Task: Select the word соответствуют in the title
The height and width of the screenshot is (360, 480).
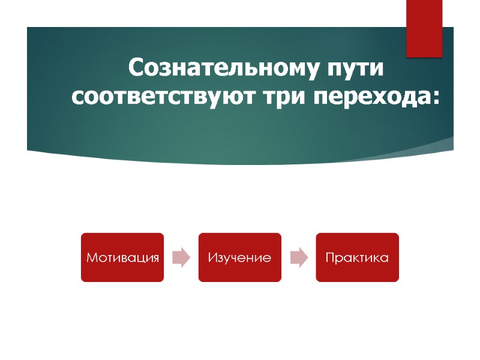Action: click(x=164, y=96)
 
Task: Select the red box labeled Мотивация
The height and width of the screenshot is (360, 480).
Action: click(x=122, y=257)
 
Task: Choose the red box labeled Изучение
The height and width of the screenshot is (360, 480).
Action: click(x=240, y=257)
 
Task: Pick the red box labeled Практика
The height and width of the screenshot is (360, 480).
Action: click(x=357, y=257)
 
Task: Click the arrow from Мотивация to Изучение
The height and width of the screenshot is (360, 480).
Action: click(x=181, y=257)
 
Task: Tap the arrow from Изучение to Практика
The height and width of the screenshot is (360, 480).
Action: click(x=298, y=257)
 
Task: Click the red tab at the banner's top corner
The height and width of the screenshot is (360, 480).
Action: click(x=424, y=29)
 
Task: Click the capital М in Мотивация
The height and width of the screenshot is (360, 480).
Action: click(x=91, y=258)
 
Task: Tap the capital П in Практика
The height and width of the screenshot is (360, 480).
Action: click(x=329, y=258)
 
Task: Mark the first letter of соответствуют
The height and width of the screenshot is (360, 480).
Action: click(x=77, y=97)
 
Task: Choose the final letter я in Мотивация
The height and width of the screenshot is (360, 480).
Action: click(x=155, y=259)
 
